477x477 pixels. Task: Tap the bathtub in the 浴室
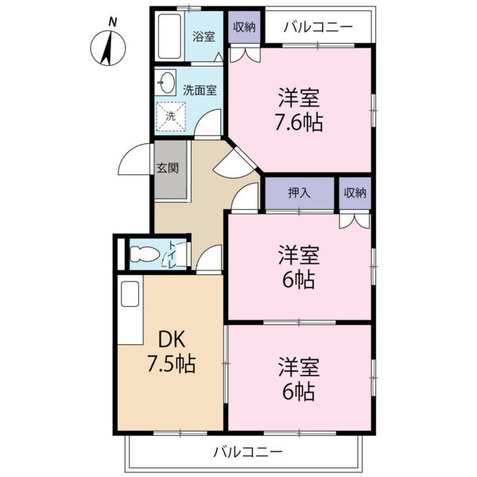click(x=169, y=38)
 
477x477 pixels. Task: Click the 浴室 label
click(x=204, y=36)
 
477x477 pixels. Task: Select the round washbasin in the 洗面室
click(x=167, y=83)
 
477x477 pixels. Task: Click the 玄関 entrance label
click(x=168, y=169)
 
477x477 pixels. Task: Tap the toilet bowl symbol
click(x=146, y=256)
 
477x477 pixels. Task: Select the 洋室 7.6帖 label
click(x=299, y=111)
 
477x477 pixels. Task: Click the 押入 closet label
click(x=299, y=193)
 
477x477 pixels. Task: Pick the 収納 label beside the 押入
click(x=355, y=193)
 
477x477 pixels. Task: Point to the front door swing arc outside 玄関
click(x=132, y=162)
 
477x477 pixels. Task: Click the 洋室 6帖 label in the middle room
click(x=299, y=267)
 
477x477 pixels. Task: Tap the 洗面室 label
click(x=200, y=90)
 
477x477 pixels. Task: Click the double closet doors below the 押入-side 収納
click(x=355, y=220)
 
